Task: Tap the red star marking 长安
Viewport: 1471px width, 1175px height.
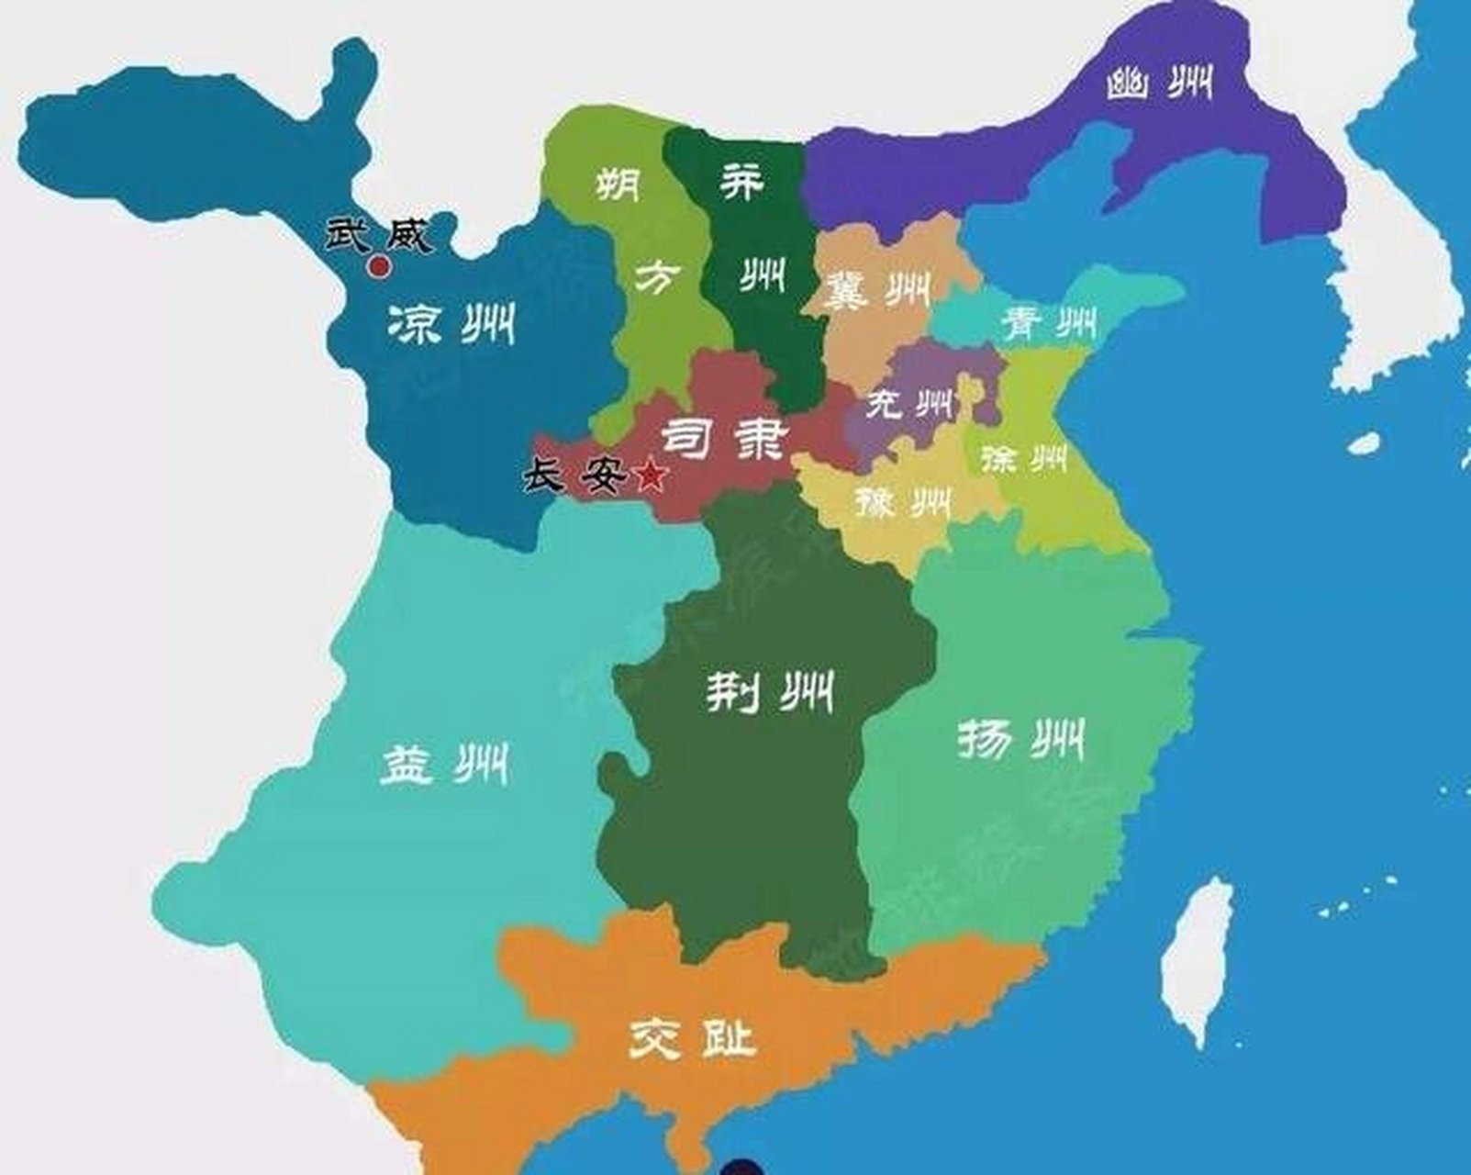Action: click(650, 475)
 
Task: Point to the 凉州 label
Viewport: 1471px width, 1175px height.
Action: click(450, 323)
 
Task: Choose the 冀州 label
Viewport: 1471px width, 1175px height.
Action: click(877, 290)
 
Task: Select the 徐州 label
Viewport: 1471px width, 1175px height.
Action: click(1023, 457)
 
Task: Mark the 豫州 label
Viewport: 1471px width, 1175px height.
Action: click(903, 501)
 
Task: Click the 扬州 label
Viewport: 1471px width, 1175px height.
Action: click(1020, 740)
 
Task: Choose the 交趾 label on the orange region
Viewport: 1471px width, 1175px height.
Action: click(693, 1039)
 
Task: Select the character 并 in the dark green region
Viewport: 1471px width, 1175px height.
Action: click(741, 182)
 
